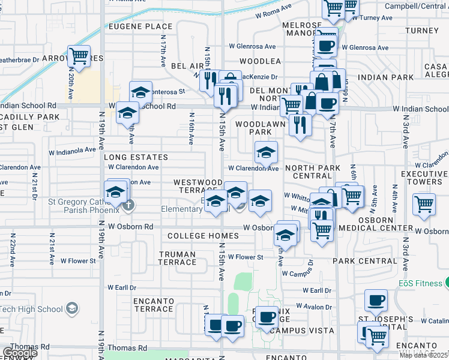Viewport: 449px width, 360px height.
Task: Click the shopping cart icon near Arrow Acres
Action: click(x=79, y=56)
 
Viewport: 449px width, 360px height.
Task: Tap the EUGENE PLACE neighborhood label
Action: click(x=140, y=26)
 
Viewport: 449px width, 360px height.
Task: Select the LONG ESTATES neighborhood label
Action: click(x=136, y=157)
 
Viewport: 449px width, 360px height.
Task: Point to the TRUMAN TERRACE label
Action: click(x=177, y=258)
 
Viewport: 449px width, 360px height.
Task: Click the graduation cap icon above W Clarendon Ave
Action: click(x=265, y=152)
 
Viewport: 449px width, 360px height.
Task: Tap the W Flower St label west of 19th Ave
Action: click(x=78, y=261)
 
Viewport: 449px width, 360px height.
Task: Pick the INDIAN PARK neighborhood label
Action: click(x=386, y=77)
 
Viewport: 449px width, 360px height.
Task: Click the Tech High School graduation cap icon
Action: click(x=72, y=309)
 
